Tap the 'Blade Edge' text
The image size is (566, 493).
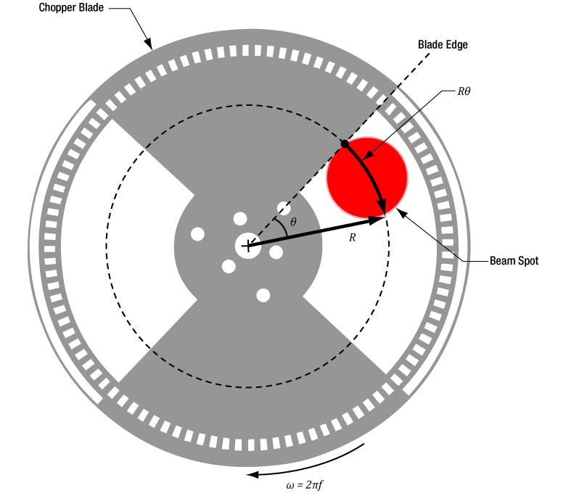pyautogui.click(x=443, y=44)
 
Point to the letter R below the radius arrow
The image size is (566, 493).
pyautogui.click(x=352, y=238)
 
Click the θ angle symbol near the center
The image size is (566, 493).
pyautogui.click(x=293, y=222)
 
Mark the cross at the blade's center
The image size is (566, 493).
pyautogui.click(x=248, y=246)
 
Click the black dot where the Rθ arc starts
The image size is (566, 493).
pyautogui.click(x=345, y=144)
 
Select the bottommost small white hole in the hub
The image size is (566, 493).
pyautogui.click(x=263, y=295)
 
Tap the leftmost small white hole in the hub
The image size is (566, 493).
pyautogui.click(x=197, y=233)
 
